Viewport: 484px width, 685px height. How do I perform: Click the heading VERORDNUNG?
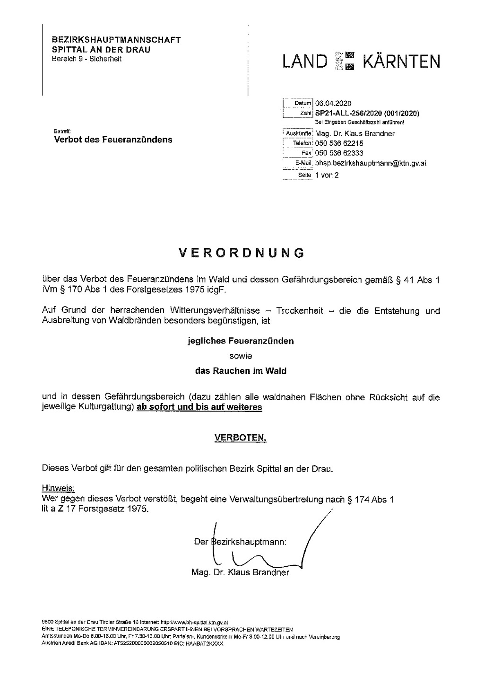(x=242, y=252)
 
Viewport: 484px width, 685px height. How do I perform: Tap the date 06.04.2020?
(x=333, y=103)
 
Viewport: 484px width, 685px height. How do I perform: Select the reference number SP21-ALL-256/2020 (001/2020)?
(x=367, y=113)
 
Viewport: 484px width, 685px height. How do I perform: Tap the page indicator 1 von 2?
(x=327, y=175)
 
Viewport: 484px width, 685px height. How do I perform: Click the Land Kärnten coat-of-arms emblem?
(x=346, y=61)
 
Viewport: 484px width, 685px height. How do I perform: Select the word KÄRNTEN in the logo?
(x=401, y=61)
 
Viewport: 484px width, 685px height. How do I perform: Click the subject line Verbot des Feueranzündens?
(x=113, y=140)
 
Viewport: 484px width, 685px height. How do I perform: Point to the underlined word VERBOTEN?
(x=241, y=438)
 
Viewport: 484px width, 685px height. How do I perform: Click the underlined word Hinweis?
(x=58, y=488)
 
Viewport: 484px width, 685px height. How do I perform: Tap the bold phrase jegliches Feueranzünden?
(x=241, y=341)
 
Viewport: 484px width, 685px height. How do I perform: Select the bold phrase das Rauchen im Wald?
(x=241, y=371)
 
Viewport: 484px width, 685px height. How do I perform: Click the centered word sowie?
(x=241, y=356)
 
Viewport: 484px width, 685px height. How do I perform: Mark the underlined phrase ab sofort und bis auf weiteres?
(x=199, y=407)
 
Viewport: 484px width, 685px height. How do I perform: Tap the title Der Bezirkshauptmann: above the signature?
(x=241, y=542)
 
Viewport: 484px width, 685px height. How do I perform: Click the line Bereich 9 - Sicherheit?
(x=86, y=59)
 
